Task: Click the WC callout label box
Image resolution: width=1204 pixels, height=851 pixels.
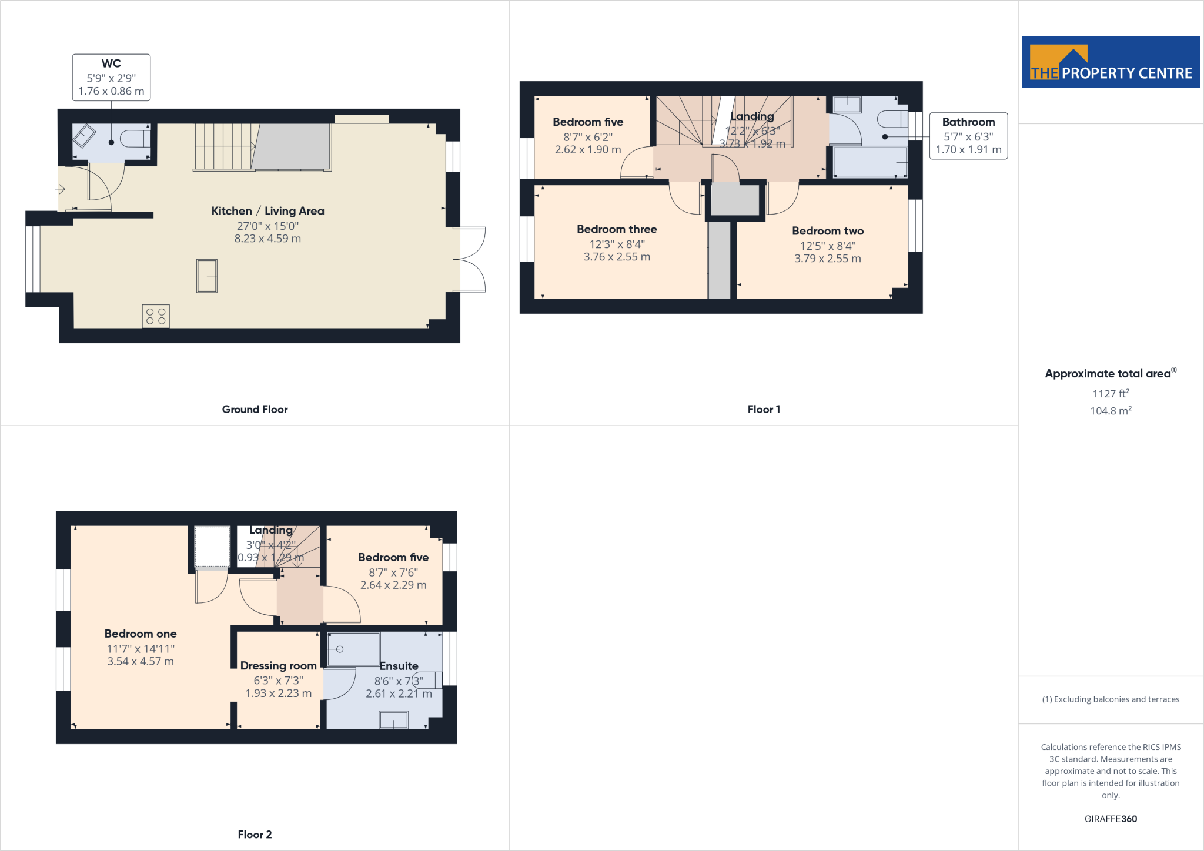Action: click(111, 78)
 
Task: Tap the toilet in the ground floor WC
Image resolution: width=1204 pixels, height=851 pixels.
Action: click(135, 139)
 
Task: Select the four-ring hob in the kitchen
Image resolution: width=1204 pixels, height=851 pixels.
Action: click(156, 316)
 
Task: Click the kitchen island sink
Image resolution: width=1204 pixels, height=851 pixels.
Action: click(207, 276)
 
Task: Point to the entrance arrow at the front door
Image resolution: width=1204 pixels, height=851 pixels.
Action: click(60, 189)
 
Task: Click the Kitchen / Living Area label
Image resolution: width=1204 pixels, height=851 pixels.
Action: click(267, 211)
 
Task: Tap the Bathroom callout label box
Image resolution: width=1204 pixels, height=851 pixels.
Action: click(968, 136)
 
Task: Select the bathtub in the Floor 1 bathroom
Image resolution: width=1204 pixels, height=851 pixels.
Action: click(870, 162)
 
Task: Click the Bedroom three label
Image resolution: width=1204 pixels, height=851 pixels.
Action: click(617, 229)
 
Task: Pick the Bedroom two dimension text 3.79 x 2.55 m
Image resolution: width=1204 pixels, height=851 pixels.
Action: click(827, 259)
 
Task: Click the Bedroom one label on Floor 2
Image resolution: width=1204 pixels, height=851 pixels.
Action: click(141, 634)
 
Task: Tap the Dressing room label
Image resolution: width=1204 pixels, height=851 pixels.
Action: click(278, 666)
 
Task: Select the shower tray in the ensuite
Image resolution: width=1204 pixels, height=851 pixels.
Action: click(353, 649)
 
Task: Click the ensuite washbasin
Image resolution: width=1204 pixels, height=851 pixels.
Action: click(393, 719)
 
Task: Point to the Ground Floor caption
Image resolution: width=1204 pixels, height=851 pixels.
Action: click(255, 410)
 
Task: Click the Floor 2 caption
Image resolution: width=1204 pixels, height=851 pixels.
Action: click(255, 835)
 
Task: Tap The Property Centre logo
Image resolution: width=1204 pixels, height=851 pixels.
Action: click(1111, 62)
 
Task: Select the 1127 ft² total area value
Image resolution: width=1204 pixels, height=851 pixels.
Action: click(1111, 394)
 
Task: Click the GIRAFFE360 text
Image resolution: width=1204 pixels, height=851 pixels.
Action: click(1111, 819)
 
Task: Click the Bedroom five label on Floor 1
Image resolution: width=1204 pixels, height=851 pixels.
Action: click(588, 122)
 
